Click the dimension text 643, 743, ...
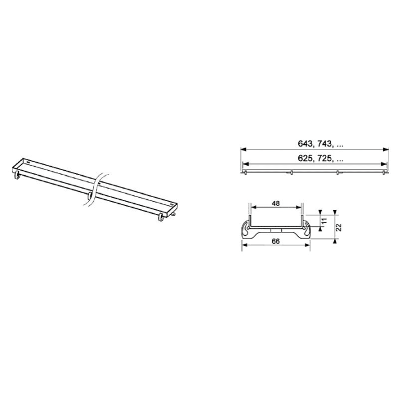[x=321, y=144]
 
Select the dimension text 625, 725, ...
[x=321, y=159]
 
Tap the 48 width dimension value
[x=276, y=204]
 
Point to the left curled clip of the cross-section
[x=248, y=229]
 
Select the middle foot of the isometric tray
[x=89, y=195]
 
